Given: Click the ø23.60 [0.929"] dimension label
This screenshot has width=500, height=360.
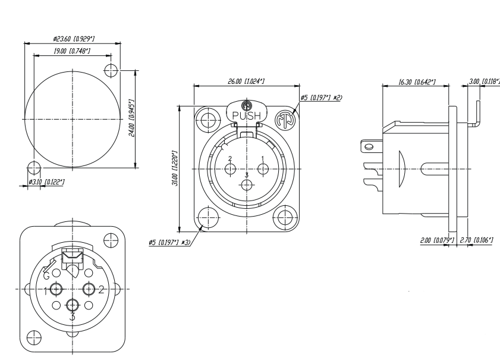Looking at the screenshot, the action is click(x=74, y=39).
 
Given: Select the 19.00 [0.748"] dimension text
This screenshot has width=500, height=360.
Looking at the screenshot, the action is click(x=72, y=51).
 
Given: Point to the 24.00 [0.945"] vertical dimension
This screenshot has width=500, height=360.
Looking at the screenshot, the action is click(x=131, y=118).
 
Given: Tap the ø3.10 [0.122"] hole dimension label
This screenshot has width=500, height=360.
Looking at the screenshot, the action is click(x=46, y=182).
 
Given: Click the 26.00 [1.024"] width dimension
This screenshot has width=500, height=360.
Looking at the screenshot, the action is click(x=246, y=82).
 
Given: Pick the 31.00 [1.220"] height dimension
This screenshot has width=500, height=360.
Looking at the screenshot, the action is click(x=174, y=168).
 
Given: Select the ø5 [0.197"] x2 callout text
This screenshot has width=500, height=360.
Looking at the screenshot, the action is click(x=321, y=98).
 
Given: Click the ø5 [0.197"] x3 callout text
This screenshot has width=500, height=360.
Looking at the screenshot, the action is click(x=169, y=243).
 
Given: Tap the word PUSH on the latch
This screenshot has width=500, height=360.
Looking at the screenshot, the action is click(x=247, y=115).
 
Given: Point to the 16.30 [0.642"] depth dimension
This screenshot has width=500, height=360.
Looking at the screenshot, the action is click(x=417, y=82).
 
